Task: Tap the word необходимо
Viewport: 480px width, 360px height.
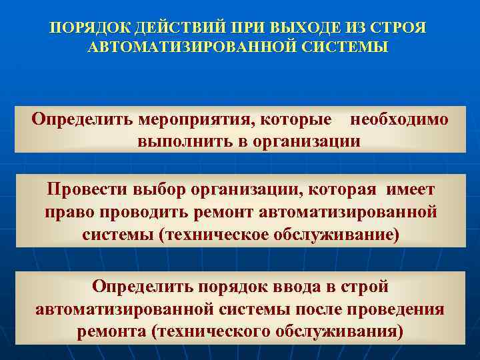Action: coord(399,120)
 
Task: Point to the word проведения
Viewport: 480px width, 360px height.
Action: coord(397,310)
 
